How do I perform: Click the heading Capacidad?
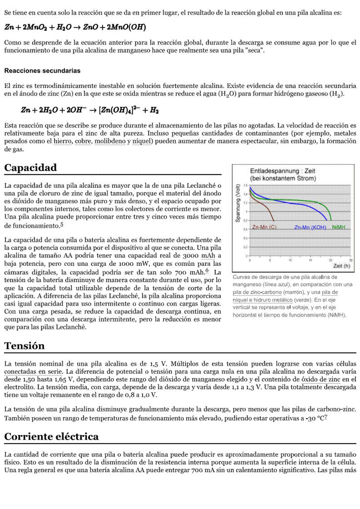pyautogui.click(x=30, y=168)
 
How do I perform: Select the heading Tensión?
pyautogui.click(x=25, y=346)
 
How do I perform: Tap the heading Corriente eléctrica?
pyautogui.click(x=51, y=437)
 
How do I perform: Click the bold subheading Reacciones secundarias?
pyautogui.click(x=42, y=71)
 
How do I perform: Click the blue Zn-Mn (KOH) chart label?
pyautogui.click(x=310, y=227)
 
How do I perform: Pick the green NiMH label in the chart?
pyautogui.click(x=339, y=227)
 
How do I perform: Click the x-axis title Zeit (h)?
pyautogui.click(x=341, y=266)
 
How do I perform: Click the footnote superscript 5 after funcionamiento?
pyautogui.click(x=62, y=224)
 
